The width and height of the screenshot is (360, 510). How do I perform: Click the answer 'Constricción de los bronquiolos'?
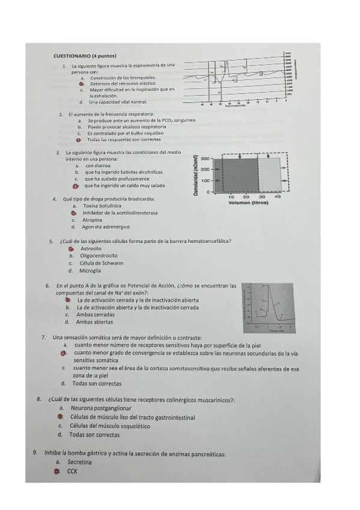pos(123,78)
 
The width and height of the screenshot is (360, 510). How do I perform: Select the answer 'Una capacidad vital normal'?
pos(118,102)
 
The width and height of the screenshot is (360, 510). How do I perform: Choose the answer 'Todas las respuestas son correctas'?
pos(124,139)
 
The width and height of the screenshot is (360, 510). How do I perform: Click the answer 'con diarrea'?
pos(99,165)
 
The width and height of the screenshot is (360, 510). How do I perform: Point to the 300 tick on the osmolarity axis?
pos(205,159)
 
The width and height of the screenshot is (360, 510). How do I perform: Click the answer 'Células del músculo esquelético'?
pos(108,425)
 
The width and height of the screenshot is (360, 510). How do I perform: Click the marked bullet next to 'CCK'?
pos(56,472)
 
